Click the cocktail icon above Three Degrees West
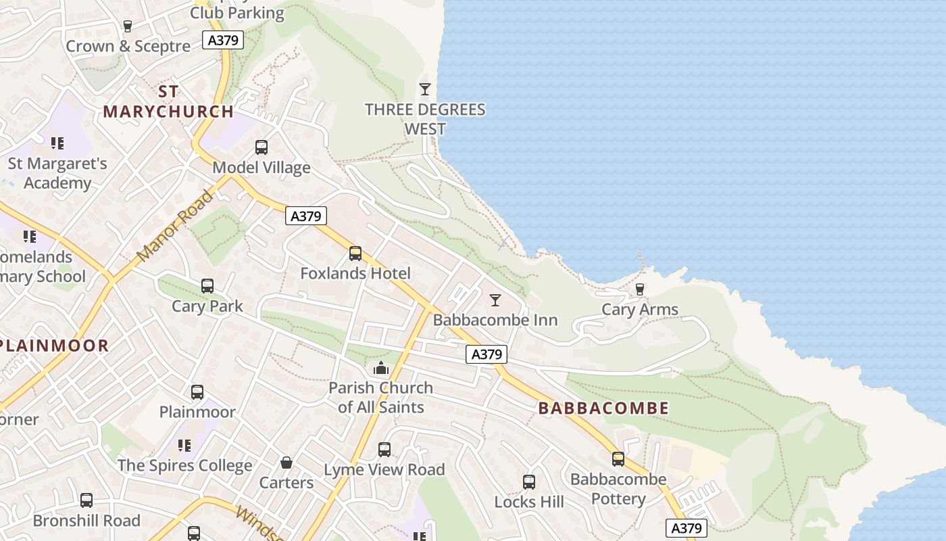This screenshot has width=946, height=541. coord(424,89)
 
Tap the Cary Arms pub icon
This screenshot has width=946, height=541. coord(639,289)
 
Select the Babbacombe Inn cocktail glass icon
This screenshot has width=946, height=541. coord(495,300)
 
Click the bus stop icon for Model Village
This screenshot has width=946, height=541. coord(261,147)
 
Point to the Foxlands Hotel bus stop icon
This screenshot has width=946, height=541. coord(355,254)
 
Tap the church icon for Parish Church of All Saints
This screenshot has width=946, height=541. coord(381,369)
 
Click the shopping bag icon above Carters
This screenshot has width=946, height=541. coord(287,463)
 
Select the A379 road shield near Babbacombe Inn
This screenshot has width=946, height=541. coord(486,354)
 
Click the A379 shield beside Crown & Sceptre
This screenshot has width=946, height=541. coord(223,40)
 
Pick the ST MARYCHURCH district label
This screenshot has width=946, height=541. coord(168,101)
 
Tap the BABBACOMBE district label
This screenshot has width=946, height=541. coord(603,408)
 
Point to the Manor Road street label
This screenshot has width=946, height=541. coord(175,226)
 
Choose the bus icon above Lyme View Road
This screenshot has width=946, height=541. coord(384,449)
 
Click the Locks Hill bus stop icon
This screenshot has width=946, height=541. coord(528,481)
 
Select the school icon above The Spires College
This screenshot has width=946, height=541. coord(184,445)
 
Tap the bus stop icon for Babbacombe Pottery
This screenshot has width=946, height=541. coord(618,459)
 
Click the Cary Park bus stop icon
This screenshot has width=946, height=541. coord(207,286)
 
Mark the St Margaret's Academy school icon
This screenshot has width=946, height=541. coord(57,143)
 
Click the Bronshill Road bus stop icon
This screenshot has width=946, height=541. coord(86,500)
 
